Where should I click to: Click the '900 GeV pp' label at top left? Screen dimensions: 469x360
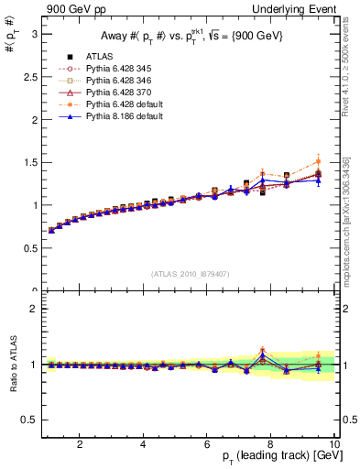(68, 9)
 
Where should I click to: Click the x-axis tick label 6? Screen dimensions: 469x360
(207, 444)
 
